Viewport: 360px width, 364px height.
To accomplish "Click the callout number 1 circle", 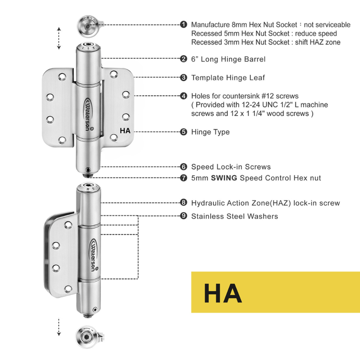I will coord(184,24).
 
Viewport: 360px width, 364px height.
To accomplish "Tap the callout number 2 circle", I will coord(184,59).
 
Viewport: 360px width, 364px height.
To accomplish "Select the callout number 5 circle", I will coord(184,132).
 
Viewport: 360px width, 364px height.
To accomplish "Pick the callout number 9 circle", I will coord(184,216).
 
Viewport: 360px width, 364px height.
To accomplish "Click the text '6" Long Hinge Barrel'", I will coord(228,59).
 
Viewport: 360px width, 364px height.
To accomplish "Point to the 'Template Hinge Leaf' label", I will coord(228,77).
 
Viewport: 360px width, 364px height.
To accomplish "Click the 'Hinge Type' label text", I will coord(210,132).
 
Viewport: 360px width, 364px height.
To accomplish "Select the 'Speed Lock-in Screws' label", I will coord(230,167).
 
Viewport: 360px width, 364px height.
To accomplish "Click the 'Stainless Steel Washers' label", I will coord(234,216).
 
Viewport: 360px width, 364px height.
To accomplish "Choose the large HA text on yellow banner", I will coord(223,293).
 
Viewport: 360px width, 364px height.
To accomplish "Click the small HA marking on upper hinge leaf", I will coord(125,131).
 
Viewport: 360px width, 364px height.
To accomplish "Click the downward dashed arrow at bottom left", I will coord(59,327).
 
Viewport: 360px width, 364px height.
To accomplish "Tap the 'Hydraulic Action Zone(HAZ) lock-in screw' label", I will coord(265,203).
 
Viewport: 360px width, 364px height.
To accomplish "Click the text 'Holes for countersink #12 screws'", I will coord(245,96).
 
